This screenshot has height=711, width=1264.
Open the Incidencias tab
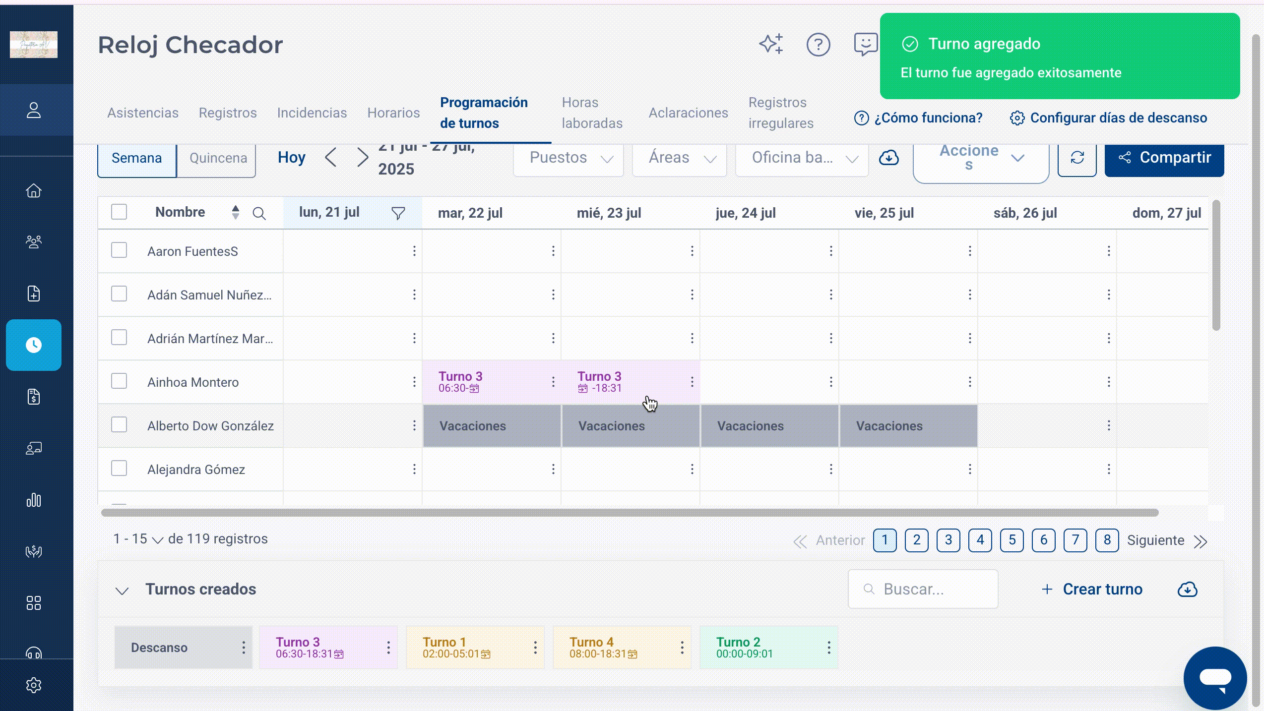(312, 113)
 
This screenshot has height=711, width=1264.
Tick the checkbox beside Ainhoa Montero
(119, 381)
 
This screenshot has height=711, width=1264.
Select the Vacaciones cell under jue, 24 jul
(769, 426)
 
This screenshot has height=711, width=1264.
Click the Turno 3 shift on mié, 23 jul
(599, 381)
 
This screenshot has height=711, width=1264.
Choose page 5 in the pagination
(1012, 540)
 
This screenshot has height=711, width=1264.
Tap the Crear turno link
(1092, 589)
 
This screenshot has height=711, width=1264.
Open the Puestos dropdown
(569, 158)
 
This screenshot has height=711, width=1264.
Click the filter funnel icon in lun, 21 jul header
(398, 213)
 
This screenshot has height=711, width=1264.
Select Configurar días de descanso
(1108, 118)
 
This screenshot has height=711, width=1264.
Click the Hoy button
(291, 158)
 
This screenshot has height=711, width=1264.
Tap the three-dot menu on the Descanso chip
(243, 648)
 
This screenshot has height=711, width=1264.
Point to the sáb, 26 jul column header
(1025, 213)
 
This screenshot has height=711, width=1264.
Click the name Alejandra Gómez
(196, 470)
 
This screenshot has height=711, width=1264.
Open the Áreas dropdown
(680, 158)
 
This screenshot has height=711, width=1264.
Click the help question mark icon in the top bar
(818, 45)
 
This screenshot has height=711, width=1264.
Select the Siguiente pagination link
(1155, 540)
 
